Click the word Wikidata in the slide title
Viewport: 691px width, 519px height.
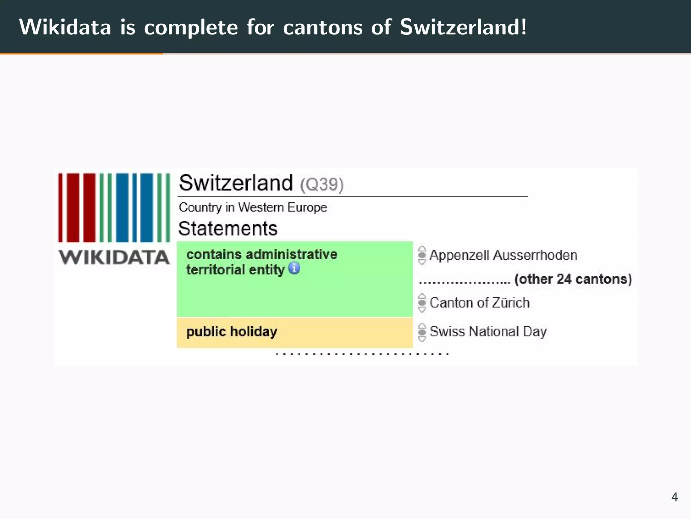coord(65,27)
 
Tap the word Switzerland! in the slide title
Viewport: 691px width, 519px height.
coord(463,27)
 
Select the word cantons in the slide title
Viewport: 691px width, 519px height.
coord(323,27)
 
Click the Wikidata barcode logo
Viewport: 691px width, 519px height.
coord(114,208)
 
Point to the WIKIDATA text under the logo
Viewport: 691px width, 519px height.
coord(114,257)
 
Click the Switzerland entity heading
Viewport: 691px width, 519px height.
coord(236,183)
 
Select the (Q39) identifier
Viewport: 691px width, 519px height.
coord(322,184)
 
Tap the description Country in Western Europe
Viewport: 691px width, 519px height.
coord(253,207)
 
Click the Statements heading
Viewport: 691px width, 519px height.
coord(228,229)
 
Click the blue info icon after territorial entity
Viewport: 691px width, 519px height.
coord(294,268)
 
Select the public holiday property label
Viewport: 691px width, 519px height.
coord(231,331)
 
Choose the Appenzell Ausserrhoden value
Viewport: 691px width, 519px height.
coord(503,255)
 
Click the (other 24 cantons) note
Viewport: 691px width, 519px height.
coord(573,279)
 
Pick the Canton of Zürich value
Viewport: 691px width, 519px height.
coord(479,303)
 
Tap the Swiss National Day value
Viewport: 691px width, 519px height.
coord(488,331)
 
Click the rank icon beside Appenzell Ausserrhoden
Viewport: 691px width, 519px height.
coord(422,255)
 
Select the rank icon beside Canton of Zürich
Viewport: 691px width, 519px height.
coord(422,303)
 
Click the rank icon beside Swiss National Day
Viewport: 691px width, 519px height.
coord(422,332)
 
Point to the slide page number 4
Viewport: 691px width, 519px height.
coord(674,497)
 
